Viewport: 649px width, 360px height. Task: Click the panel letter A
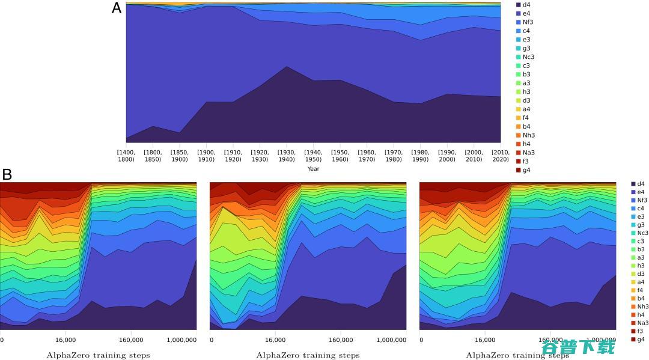117,8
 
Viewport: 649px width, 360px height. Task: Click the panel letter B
7,175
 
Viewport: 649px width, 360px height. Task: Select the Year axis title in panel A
313,169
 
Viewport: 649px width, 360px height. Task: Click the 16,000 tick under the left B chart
65,340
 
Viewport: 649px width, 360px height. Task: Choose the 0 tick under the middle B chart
212,340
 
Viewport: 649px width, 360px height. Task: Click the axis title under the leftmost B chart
98,355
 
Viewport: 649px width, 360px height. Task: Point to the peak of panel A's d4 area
287,66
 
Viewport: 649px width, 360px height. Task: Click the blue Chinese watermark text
579,347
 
